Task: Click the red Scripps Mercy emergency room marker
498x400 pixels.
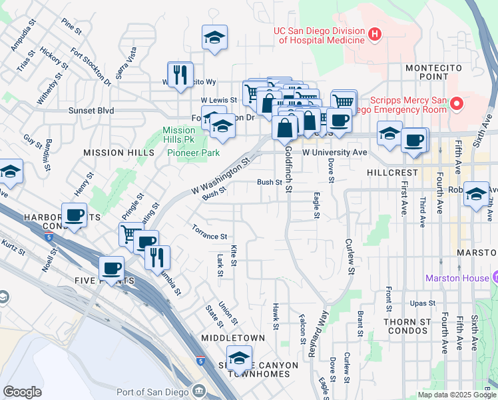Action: coord(457,104)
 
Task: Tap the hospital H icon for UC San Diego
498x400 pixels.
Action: coord(375,33)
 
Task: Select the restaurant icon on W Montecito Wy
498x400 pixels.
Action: coord(179,75)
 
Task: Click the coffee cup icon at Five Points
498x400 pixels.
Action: coord(112,268)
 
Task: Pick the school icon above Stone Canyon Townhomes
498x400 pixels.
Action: coord(239,359)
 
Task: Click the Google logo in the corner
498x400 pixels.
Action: coord(22,391)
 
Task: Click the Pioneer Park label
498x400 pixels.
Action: coord(193,153)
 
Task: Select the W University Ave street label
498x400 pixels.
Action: coord(335,153)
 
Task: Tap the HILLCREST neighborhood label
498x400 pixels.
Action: coord(392,172)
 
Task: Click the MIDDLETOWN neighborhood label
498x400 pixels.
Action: coord(233,338)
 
